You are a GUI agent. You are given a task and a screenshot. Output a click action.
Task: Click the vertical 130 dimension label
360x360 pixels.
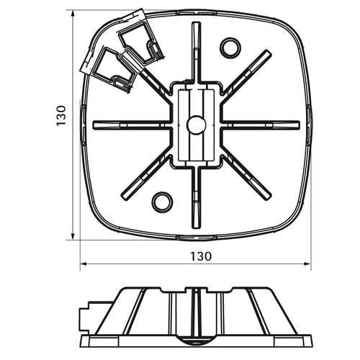61,115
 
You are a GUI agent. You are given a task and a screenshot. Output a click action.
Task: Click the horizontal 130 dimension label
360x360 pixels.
201,256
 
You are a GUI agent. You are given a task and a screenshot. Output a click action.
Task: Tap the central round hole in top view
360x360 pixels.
197,125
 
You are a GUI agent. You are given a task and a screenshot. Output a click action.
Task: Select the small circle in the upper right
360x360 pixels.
230,48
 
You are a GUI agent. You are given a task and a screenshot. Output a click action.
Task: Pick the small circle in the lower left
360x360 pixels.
163,202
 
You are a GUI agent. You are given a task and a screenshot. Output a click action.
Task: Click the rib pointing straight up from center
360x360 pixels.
196,53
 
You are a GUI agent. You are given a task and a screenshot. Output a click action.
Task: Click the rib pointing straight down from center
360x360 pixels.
196,197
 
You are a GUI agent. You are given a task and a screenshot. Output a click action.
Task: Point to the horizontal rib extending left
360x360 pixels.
132,125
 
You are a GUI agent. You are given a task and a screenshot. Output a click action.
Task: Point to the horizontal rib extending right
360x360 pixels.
261,125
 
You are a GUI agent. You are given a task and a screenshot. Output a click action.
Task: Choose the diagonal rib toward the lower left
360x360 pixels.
146,178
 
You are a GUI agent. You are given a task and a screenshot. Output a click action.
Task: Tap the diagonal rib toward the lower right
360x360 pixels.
246,178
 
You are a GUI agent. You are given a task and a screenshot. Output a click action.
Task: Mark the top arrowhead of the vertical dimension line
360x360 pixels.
72,14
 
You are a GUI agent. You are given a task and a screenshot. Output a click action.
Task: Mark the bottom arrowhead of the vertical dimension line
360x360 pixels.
72,236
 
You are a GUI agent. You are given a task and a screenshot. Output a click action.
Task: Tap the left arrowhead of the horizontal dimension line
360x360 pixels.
84,264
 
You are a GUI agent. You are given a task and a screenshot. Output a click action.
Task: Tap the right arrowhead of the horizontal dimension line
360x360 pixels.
307,264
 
